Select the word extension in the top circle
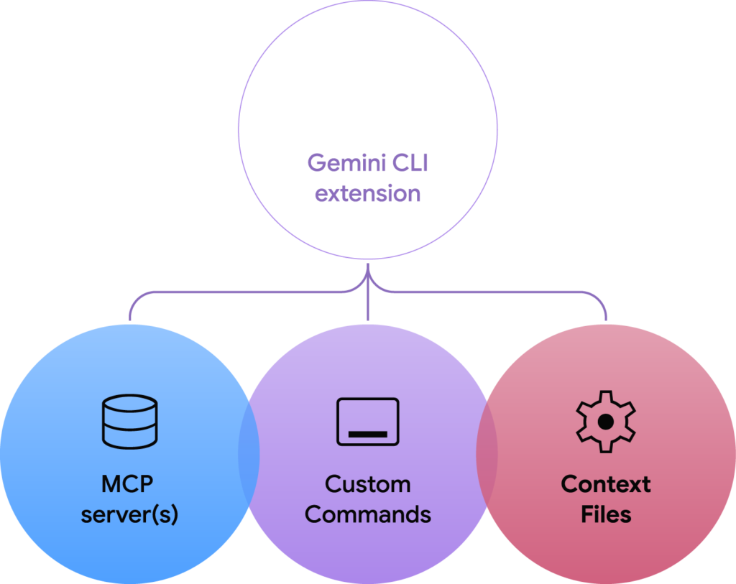tap(368, 193)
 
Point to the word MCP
tap(127, 483)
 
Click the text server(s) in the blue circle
tap(129, 515)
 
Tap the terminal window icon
tap(368, 421)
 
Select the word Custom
tap(368, 484)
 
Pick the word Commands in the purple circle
tap(368, 514)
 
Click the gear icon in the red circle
tap(606, 421)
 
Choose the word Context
tap(606, 484)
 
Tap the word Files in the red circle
tap(606, 514)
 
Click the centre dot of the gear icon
tap(606, 421)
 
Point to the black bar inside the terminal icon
tap(368, 434)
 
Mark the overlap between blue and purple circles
tap(249, 453)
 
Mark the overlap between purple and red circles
tap(487, 453)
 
